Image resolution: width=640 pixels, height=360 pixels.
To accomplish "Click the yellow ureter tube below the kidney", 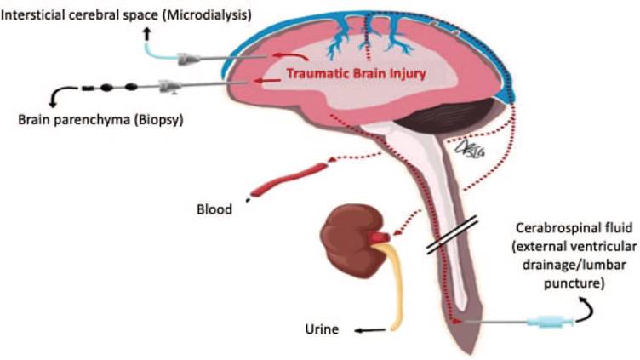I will [393, 289].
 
